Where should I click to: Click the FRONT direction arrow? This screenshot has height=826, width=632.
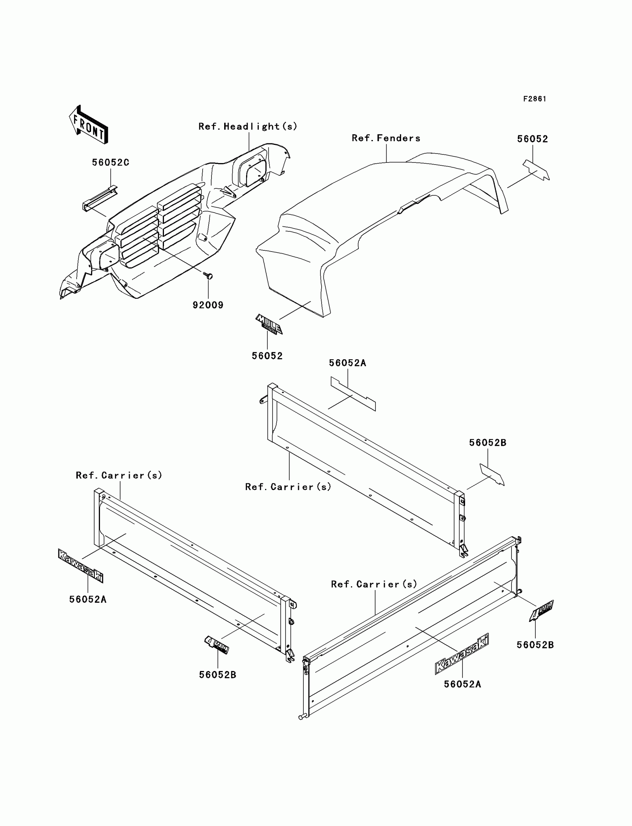pyautogui.click(x=88, y=125)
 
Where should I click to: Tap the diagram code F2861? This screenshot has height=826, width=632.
pyautogui.click(x=535, y=99)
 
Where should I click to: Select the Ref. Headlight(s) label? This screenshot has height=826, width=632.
pyautogui.click(x=248, y=127)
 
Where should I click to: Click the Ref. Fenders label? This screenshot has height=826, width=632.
pyautogui.click(x=386, y=138)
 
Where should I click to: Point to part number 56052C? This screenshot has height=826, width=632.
pyautogui.click(x=111, y=162)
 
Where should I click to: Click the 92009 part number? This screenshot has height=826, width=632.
pyautogui.click(x=208, y=305)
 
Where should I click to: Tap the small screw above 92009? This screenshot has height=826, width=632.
pyautogui.click(x=208, y=276)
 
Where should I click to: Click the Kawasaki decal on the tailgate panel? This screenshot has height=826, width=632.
pyautogui.click(x=462, y=654)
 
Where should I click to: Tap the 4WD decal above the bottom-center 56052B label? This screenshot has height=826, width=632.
pyautogui.click(x=217, y=645)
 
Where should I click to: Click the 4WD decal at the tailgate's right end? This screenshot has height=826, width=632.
pyautogui.click(x=541, y=610)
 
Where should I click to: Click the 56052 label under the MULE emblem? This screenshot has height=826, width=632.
pyautogui.click(x=267, y=356)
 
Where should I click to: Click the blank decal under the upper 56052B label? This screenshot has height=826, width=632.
pyautogui.click(x=491, y=474)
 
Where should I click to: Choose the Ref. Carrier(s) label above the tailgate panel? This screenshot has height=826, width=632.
pyautogui.click(x=374, y=584)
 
